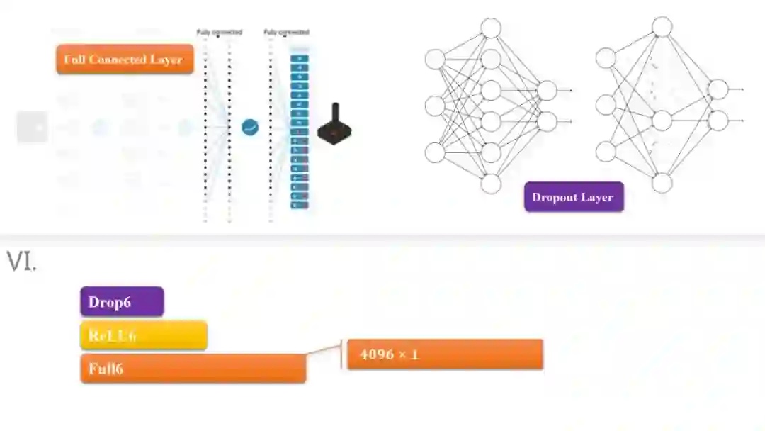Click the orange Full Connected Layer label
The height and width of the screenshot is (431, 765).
pos(124,60)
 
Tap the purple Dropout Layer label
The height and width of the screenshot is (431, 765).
pos(574,197)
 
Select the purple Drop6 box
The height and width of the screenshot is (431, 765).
pos(122,301)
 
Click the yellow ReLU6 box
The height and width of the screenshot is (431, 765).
pos(143,335)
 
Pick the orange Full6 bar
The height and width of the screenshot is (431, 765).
pos(193,369)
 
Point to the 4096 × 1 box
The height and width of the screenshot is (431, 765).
pos(445,354)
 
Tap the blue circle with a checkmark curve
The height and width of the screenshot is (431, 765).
pos(250,128)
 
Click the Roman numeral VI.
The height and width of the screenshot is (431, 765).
pos(21,262)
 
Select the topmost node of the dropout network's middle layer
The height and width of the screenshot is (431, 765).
pos(662,27)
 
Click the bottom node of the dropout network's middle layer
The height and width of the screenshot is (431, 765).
pos(662,183)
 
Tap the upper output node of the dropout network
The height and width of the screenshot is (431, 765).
pos(718,89)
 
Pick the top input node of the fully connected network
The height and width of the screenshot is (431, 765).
pos(435,59)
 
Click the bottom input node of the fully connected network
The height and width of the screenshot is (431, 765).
pos(435,152)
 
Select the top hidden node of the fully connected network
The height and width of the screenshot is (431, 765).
pos(491,28)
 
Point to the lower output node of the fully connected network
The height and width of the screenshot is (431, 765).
pos(547,122)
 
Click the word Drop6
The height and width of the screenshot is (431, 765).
pos(109,302)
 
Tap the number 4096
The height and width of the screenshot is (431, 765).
pos(376,354)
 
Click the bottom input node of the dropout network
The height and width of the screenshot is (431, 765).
pos(605,152)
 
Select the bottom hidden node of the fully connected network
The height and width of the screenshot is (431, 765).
pos(491,184)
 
